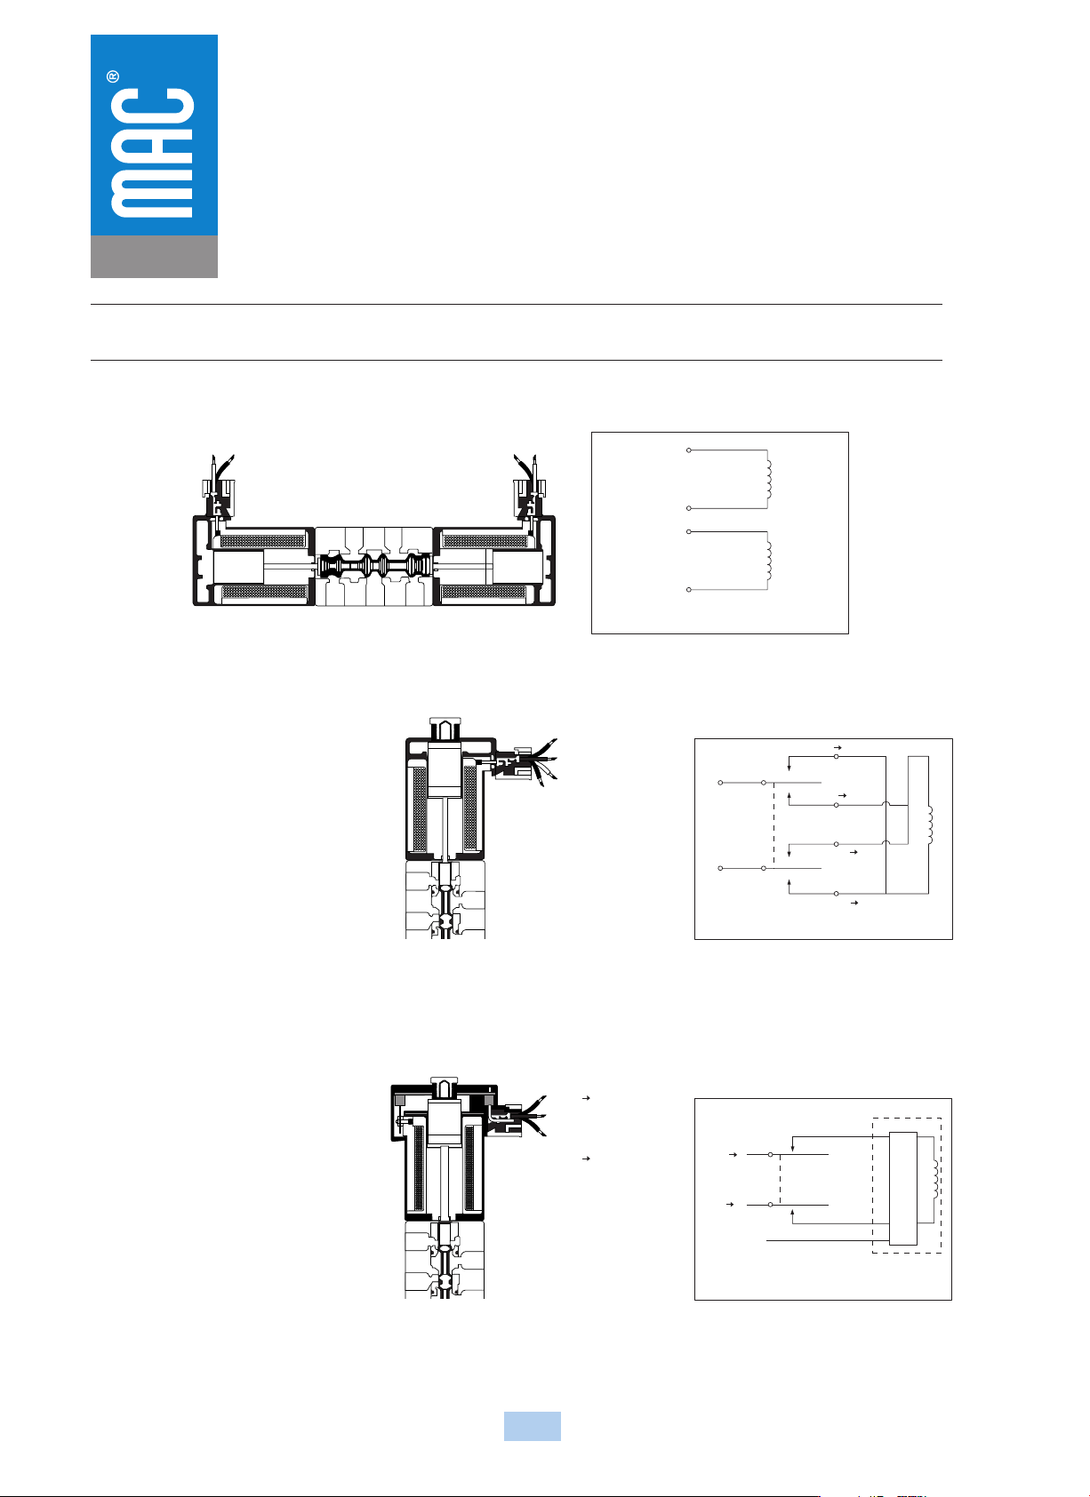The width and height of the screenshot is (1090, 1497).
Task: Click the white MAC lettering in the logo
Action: [152, 153]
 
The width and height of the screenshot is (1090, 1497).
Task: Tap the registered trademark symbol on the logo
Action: [113, 76]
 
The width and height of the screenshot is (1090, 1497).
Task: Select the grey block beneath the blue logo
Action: [154, 256]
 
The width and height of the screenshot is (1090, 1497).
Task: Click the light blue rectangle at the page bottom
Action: [533, 1426]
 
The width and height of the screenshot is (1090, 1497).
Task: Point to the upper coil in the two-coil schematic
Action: [770, 479]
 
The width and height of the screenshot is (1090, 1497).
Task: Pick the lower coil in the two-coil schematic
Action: [770, 561]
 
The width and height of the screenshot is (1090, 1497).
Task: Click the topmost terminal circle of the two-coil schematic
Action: [689, 450]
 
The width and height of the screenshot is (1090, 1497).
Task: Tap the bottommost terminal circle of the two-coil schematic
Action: [689, 589]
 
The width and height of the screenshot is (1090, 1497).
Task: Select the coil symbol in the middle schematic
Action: [930, 824]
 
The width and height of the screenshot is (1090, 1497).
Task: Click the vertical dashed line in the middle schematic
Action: [773, 824]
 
